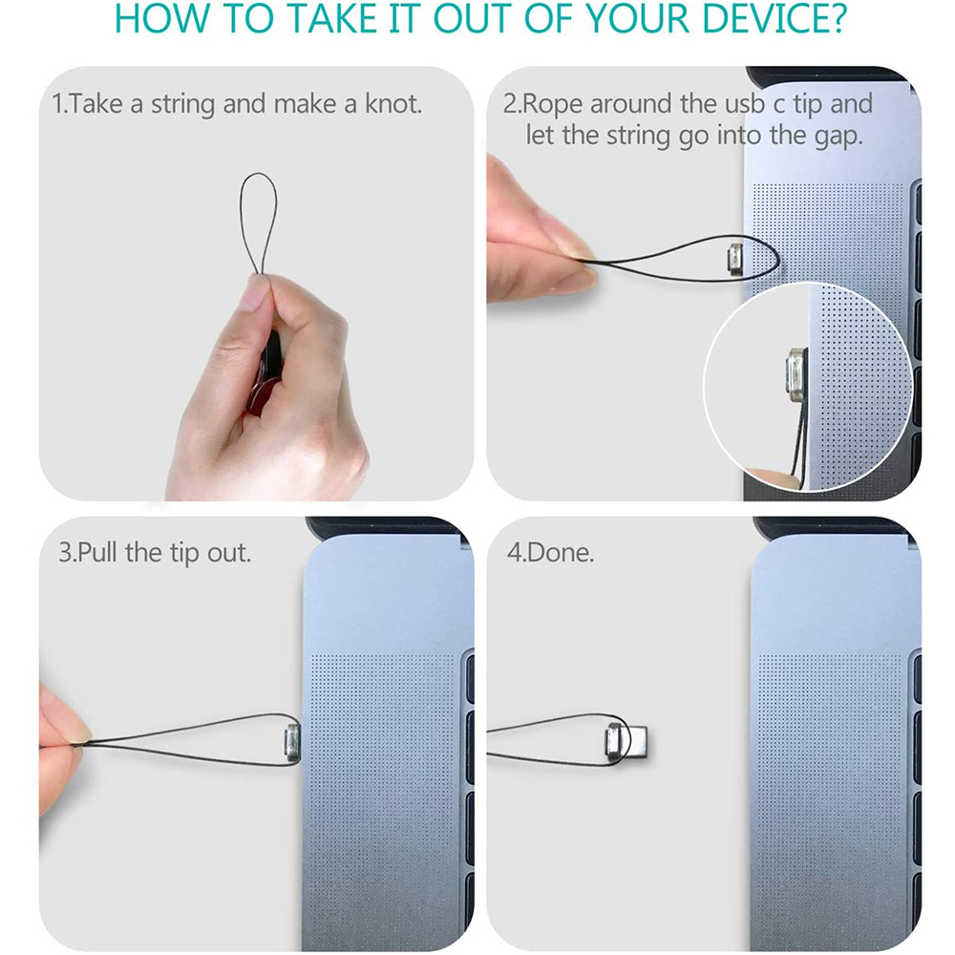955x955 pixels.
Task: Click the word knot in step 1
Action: [393, 103]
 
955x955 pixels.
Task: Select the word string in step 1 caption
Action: [182, 104]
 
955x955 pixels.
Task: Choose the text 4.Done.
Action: [551, 552]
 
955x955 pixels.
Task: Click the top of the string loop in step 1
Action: [258, 174]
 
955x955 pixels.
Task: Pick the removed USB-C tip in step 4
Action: [626, 742]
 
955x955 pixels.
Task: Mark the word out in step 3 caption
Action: [229, 553]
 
